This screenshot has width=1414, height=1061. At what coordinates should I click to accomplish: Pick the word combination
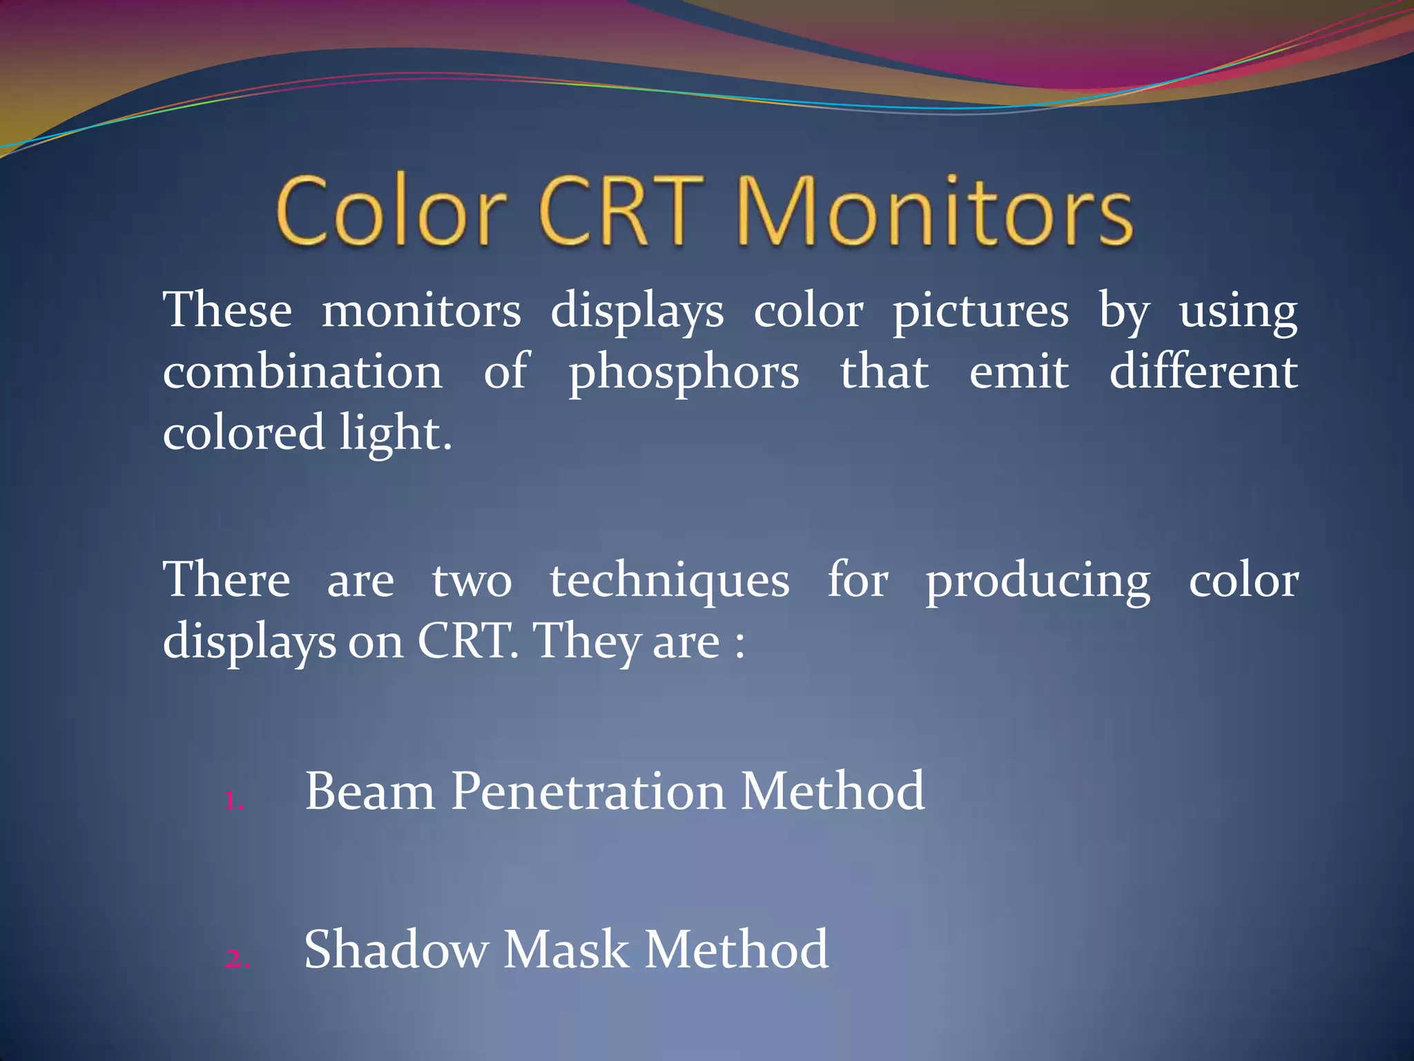pos(302,372)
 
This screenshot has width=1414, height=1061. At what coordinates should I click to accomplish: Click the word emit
pos(1018,372)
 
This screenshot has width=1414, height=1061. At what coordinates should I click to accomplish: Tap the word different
pos(1203,372)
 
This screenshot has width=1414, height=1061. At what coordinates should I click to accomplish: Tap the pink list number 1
pos(235,802)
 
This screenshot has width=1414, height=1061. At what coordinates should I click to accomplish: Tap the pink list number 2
pos(238,959)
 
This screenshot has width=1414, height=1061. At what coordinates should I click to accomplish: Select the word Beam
pos(369,792)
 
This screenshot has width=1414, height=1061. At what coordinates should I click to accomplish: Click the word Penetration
pos(588,792)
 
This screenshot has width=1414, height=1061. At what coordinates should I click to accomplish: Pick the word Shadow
pos(396,950)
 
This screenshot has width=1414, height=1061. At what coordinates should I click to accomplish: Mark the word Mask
pos(565,950)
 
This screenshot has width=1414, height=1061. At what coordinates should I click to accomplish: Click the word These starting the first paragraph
pos(227,310)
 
